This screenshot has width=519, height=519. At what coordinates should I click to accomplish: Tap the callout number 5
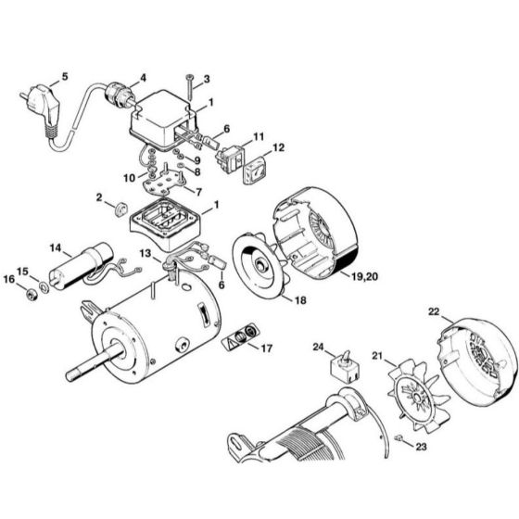(64, 75)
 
